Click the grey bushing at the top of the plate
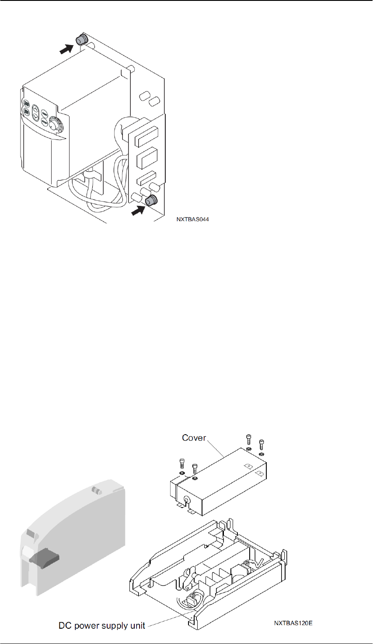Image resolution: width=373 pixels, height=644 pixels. click(x=81, y=40)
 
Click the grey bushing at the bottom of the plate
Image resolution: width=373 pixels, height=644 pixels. click(x=152, y=201)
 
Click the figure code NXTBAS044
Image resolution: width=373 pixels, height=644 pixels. click(x=192, y=219)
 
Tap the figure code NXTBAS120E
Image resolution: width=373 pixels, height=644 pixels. click(x=293, y=623)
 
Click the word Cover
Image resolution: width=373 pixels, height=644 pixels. click(x=194, y=438)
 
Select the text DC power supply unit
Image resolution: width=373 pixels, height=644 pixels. click(x=102, y=626)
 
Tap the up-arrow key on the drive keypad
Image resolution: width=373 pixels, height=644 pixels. click(x=36, y=108)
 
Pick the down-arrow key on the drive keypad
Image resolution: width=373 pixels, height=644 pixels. click(x=36, y=117)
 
